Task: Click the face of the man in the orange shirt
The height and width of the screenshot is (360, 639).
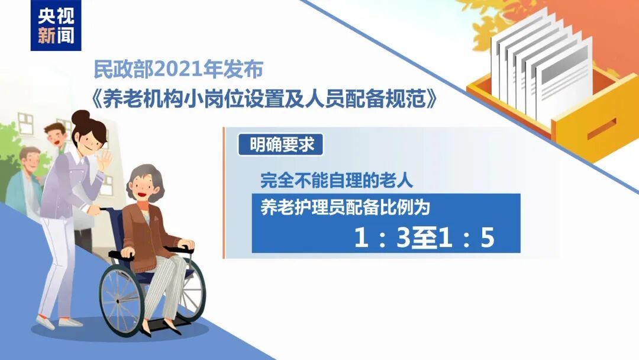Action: pos(54,136)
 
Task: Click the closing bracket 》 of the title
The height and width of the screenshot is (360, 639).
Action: pos(436,99)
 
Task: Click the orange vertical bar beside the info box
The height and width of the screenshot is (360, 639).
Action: pos(224,192)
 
